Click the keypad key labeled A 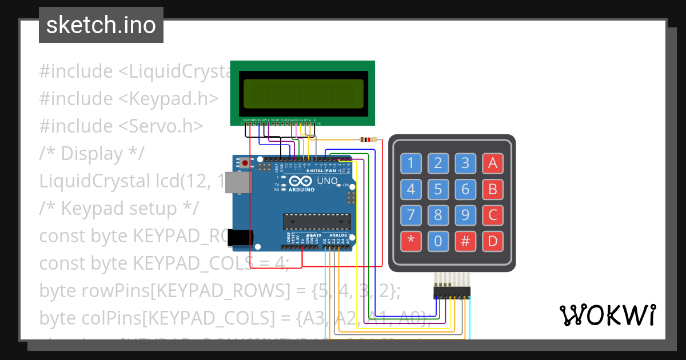pos(493,163)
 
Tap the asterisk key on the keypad pos(410,241)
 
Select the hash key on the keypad pos(465,241)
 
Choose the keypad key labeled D pos(493,241)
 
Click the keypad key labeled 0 pos(438,241)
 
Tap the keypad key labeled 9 pos(465,215)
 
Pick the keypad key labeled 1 pos(410,163)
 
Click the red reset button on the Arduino pos(245,163)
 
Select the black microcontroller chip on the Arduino pos(317,221)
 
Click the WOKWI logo pos(607,315)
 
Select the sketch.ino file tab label pos(101,25)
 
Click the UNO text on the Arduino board pos(328,181)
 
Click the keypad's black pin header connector pos(452,292)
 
